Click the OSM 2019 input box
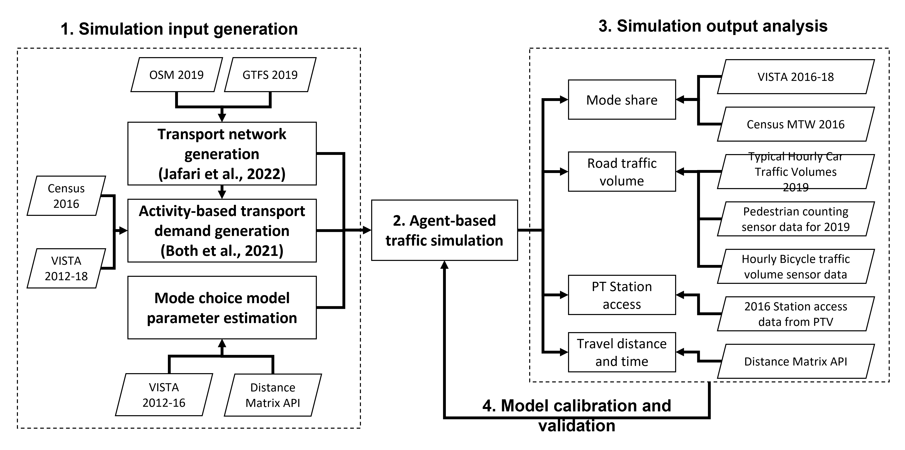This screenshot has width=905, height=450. pos(176,75)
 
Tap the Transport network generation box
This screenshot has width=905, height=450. pos(222,154)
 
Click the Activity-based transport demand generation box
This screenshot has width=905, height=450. pos(222,231)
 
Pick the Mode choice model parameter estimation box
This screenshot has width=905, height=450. pos(222,308)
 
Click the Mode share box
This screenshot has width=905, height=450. pos(622,100)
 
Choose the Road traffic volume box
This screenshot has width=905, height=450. pos(622,172)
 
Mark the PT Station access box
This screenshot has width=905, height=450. pos(622,295)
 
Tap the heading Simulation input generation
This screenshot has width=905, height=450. pos(179,29)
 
